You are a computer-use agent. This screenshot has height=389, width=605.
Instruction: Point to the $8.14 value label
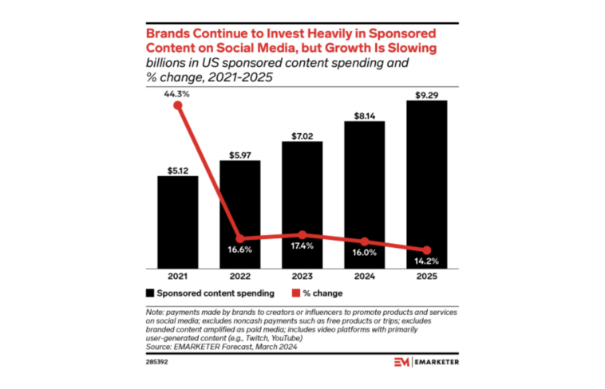pyautogui.click(x=365, y=114)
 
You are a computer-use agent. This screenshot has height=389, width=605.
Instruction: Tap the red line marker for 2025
pyautogui.click(x=427, y=250)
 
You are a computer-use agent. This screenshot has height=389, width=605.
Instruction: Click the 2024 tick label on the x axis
pyautogui.click(x=365, y=277)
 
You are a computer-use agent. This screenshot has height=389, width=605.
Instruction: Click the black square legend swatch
pyautogui.click(x=149, y=293)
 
